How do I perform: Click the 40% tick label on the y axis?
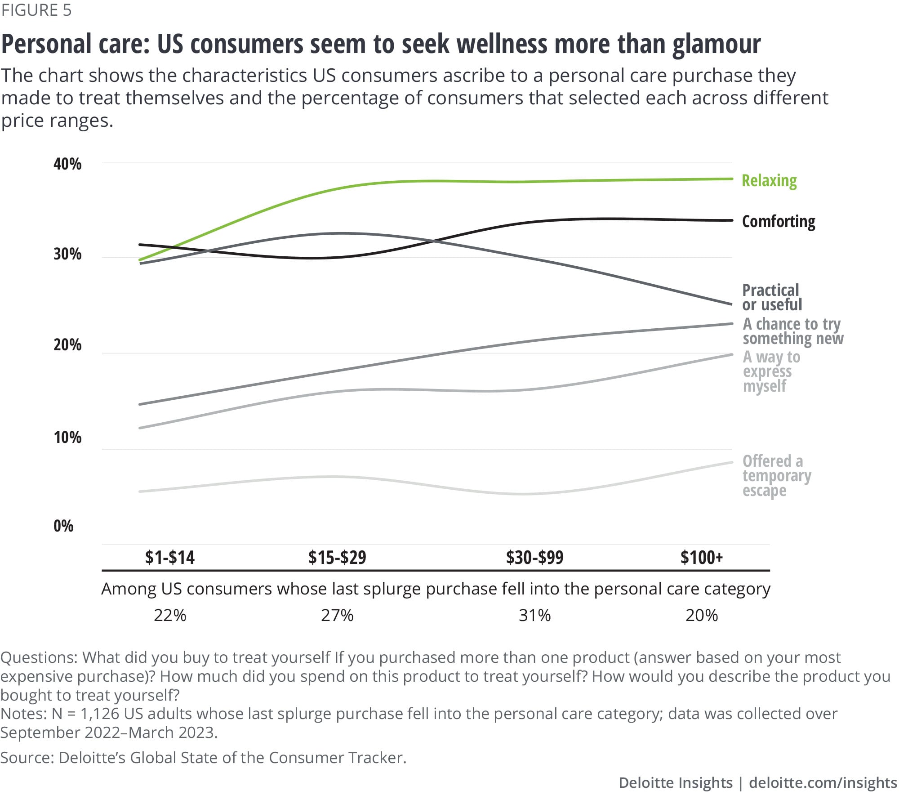[67, 164]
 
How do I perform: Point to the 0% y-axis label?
[63, 526]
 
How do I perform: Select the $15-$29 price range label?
[337, 558]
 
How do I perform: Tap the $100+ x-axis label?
[701, 558]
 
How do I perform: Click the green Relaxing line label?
[769, 181]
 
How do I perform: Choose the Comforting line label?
[779, 222]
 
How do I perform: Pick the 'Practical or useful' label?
[772, 297]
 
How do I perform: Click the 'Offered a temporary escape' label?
[776, 476]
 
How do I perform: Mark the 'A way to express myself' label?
[771, 371]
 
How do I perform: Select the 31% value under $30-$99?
[534, 615]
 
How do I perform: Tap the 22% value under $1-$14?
[170, 615]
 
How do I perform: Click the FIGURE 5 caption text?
[36, 10]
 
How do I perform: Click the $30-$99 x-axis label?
[534, 558]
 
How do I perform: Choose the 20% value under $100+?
[701, 615]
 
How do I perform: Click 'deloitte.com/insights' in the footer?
[823, 783]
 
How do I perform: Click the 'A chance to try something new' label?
[792, 331]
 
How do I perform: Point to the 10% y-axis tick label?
[67, 437]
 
